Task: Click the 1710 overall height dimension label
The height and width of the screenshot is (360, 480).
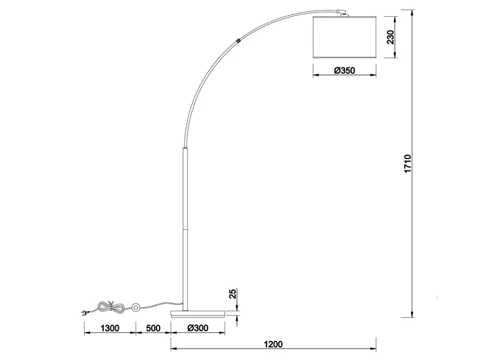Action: pyautogui.click(x=407, y=165)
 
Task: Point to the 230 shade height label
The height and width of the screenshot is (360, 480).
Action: pyautogui.click(x=389, y=38)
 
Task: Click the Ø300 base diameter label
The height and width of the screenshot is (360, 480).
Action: pyautogui.click(x=197, y=328)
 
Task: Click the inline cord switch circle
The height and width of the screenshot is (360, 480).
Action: pyautogui.click(x=136, y=308)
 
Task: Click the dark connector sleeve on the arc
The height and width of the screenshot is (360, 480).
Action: pyautogui.click(x=239, y=41)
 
